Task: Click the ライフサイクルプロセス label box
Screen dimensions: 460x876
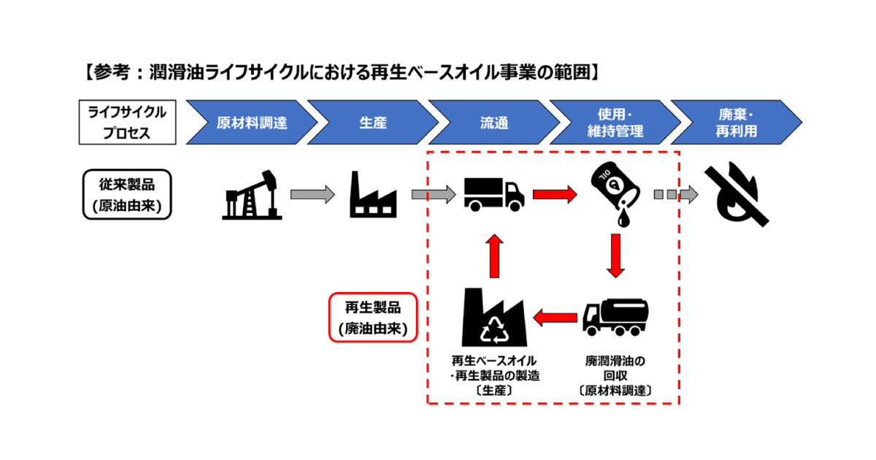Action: click(128, 122)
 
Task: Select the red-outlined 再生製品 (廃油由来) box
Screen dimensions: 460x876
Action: click(372, 318)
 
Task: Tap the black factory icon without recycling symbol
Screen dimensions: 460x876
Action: click(373, 195)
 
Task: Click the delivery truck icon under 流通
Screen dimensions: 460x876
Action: click(493, 194)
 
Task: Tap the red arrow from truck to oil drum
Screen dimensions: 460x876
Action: click(554, 194)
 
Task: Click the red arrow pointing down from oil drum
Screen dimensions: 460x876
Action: click(615, 255)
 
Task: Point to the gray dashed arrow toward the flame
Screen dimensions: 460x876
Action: click(676, 194)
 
